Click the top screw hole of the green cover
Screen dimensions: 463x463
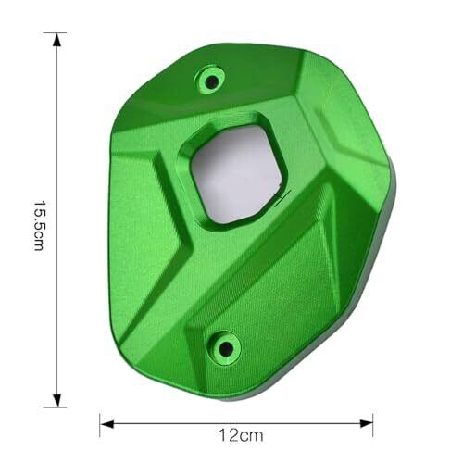coord(212,81)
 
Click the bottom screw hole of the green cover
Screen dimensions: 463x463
coord(226,348)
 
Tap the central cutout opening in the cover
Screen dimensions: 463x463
coord(237,174)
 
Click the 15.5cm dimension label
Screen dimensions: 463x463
coord(39,226)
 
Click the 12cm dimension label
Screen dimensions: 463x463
coord(241,435)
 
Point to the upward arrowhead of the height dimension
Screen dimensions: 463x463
coord(56,40)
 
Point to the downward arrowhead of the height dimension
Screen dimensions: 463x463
coord(56,400)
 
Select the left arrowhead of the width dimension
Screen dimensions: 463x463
coord(106,424)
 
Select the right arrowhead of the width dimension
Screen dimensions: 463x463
coord(366,423)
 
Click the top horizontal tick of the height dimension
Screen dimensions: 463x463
coord(55,32)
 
